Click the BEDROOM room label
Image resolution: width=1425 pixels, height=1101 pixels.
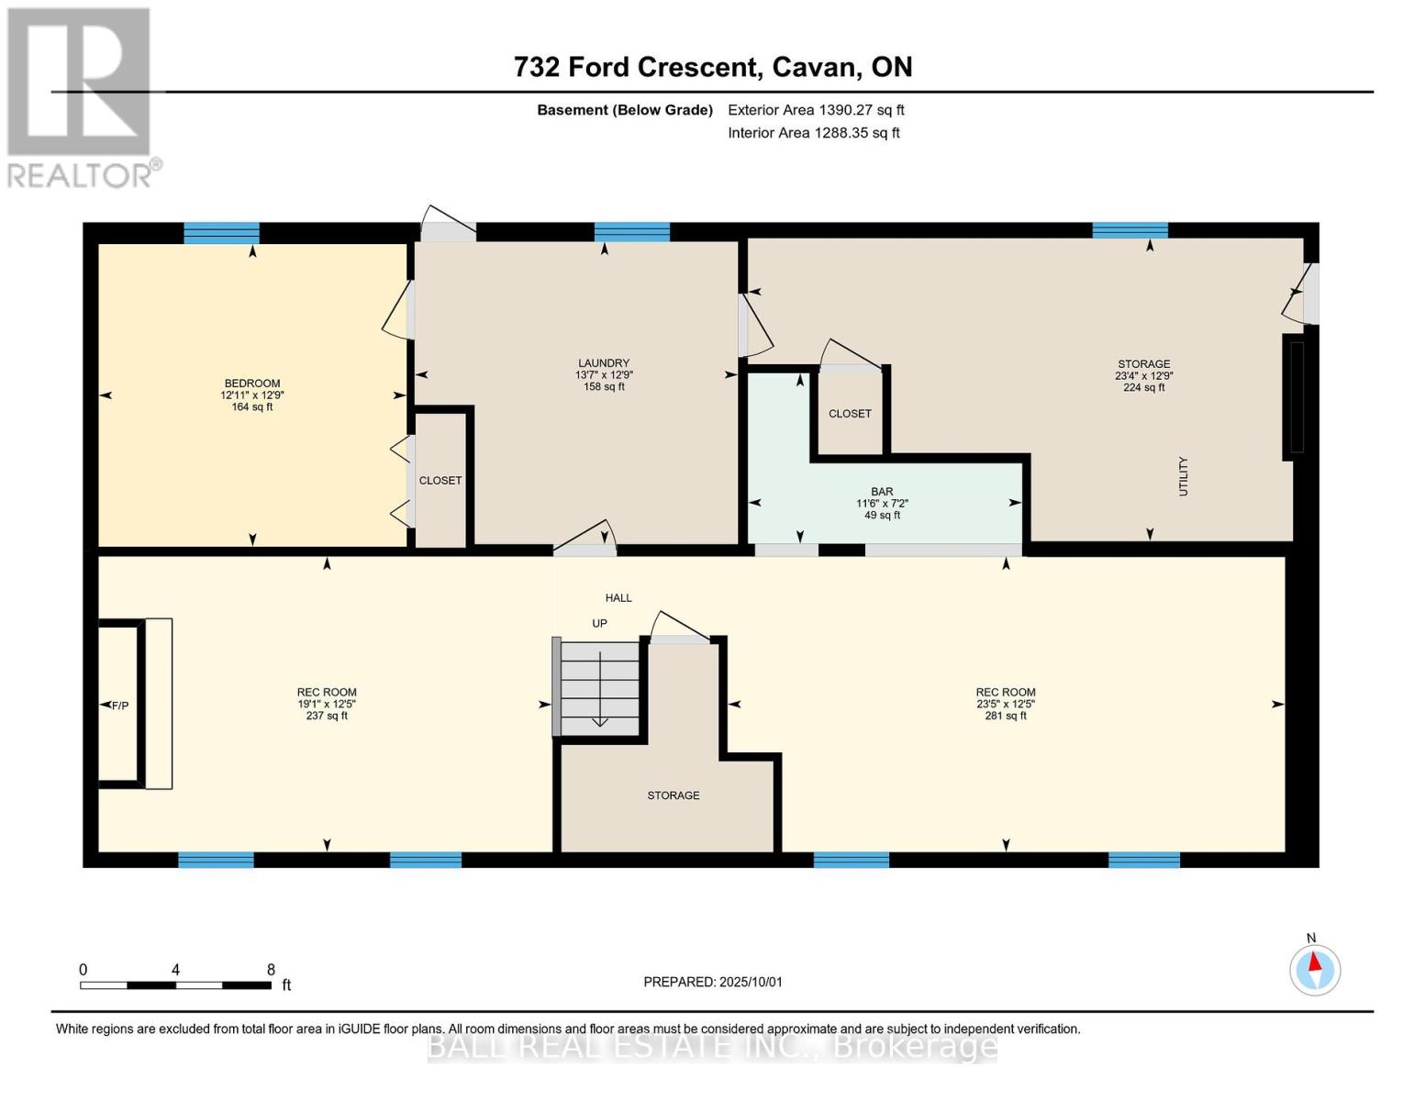tap(251, 383)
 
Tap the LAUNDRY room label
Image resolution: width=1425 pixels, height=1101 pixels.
tap(604, 362)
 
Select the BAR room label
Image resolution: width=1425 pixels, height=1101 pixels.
tap(882, 491)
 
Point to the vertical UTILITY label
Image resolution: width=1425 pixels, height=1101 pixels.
tap(1183, 476)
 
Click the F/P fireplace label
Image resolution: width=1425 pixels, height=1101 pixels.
tap(120, 706)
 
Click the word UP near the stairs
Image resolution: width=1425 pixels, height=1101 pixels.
tap(599, 623)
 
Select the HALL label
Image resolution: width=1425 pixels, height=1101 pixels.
tap(618, 597)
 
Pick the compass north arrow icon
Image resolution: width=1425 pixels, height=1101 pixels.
tap(1315, 970)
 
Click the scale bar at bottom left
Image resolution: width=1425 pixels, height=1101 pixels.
tap(176, 984)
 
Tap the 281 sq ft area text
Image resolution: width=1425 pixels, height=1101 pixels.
tap(1006, 716)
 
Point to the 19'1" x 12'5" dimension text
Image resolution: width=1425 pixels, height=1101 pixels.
tap(327, 704)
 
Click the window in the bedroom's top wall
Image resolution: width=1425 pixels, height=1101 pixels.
tap(222, 233)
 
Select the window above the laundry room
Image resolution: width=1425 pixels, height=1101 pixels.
tap(632, 232)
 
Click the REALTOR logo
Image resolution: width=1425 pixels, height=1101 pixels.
tap(82, 98)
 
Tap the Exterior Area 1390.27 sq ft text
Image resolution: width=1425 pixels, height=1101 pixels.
tap(816, 109)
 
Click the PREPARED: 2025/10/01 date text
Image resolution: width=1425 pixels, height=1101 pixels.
tap(713, 982)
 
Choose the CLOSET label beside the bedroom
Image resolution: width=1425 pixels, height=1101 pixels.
tap(440, 480)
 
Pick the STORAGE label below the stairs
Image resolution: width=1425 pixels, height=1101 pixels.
tap(674, 795)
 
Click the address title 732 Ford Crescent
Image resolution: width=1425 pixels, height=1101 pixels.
tap(638, 67)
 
